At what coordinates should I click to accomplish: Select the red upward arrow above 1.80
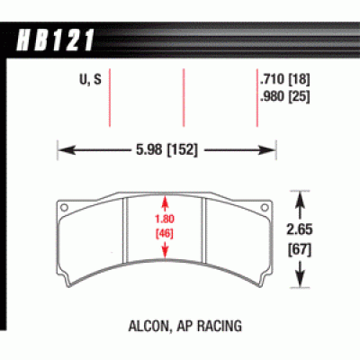pyautogui.click(x=164, y=202)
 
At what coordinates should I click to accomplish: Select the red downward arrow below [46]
pyautogui.click(x=164, y=247)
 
